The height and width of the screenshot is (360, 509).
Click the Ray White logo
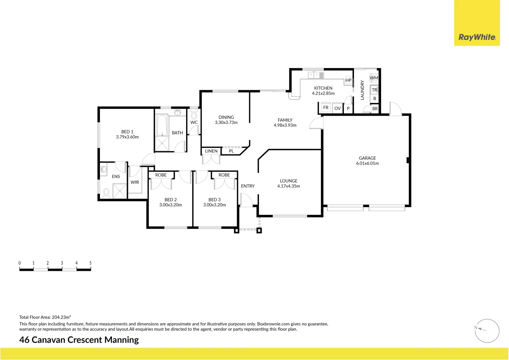[x=477, y=37]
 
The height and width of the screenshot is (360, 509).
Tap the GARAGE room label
[x=367, y=158]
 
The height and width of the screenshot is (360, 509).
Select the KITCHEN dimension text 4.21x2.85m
[x=323, y=93]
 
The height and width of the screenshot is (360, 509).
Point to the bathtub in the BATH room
[x=162, y=125]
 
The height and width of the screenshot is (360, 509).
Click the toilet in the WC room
[x=194, y=116]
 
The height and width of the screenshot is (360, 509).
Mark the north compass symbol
[x=487, y=331]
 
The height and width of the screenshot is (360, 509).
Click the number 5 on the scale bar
[x=90, y=263]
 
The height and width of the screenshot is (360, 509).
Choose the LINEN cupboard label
[x=211, y=151]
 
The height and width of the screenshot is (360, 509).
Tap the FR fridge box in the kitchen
[x=326, y=108]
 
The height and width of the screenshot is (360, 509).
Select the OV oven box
[x=337, y=108]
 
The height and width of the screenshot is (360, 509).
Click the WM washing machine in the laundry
[x=374, y=78]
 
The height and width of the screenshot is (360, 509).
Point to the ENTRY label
[x=248, y=186]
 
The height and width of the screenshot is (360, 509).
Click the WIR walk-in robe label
[x=135, y=182]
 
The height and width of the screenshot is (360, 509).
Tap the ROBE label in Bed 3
[x=224, y=175]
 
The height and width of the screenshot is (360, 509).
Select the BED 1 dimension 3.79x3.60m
[x=127, y=137]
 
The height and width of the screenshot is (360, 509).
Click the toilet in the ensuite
[x=106, y=193]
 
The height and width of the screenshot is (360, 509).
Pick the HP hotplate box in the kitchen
[x=348, y=80]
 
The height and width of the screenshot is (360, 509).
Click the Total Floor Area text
[x=45, y=317]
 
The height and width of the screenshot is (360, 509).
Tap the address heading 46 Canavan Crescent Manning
[x=79, y=340]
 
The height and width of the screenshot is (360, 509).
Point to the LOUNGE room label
[x=288, y=181]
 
